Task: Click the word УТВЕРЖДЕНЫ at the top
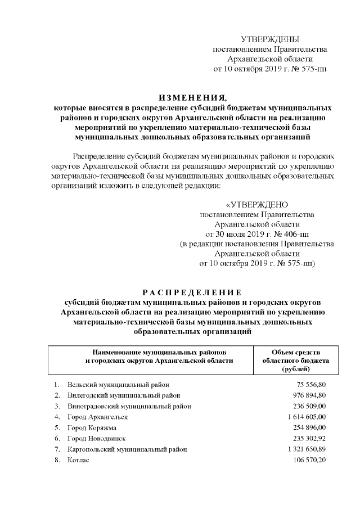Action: [x=269, y=39]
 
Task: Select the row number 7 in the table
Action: [x=57, y=449]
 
